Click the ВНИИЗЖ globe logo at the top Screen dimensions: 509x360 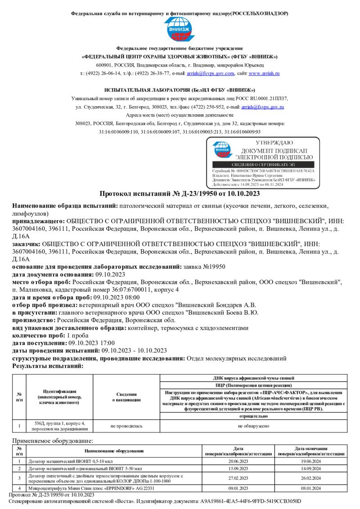[x=180, y=28]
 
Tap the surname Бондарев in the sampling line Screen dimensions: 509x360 [x=229, y=305]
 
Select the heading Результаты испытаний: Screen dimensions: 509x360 [x=48, y=366]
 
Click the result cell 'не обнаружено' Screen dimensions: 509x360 [x=253, y=426]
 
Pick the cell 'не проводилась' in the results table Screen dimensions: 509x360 [x=126, y=426]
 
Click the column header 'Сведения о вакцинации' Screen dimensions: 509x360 [x=126, y=397]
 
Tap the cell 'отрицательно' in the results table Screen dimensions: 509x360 [x=253, y=416]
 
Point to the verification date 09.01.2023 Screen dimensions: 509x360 [x=238, y=488]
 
